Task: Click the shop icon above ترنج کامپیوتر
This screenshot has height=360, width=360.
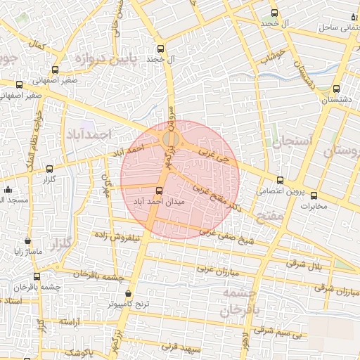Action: click(x=128, y=294)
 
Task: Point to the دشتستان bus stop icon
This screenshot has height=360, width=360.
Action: click(x=336, y=89)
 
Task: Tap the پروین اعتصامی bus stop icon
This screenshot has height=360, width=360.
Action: click(x=281, y=180)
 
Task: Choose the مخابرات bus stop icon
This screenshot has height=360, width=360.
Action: click(x=314, y=195)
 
